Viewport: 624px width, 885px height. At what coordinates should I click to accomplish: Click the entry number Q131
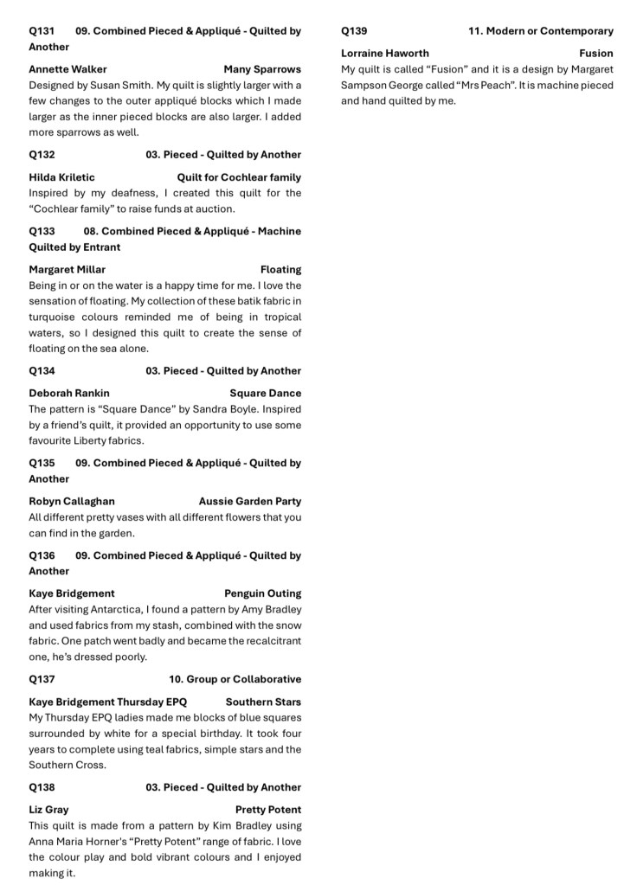click(42, 31)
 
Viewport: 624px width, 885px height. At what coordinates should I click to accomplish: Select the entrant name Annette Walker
click(68, 69)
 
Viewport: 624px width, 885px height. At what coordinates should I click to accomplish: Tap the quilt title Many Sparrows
click(262, 69)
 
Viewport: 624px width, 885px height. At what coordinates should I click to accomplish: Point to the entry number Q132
click(42, 155)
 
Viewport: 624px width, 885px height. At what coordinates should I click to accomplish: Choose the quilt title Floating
click(280, 270)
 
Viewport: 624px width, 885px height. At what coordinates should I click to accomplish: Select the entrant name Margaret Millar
click(68, 270)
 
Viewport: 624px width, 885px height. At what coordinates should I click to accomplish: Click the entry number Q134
click(42, 371)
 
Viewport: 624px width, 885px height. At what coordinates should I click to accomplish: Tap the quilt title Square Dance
click(266, 394)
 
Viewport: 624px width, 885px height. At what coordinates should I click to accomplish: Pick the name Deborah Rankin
click(69, 394)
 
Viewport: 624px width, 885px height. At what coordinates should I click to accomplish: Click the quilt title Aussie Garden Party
click(250, 502)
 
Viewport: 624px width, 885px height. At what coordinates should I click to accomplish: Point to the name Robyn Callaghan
click(72, 502)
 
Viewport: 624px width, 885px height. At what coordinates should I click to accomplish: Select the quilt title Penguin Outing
click(263, 594)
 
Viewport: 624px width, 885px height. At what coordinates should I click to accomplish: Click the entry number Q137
click(42, 680)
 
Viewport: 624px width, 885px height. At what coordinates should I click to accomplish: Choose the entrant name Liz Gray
click(48, 811)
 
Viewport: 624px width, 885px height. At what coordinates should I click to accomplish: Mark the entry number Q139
click(354, 31)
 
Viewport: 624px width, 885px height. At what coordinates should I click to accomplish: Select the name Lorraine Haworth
click(385, 54)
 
